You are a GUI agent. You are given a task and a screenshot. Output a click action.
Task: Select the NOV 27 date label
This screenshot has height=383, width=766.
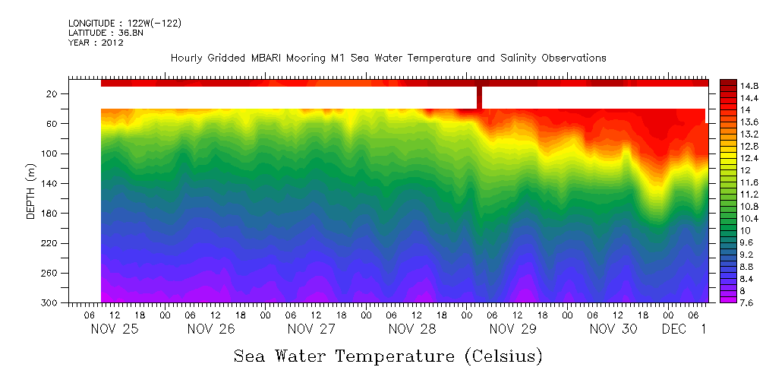[x=311, y=329]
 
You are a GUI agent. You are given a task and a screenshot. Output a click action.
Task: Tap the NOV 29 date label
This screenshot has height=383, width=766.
[x=513, y=329]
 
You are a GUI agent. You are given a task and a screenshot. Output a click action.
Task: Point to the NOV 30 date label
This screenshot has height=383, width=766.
[x=613, y=329]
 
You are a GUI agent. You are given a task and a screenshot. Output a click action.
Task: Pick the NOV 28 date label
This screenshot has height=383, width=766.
[x=412, y=329]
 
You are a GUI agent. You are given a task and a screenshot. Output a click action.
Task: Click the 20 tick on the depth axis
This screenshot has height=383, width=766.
[x=52, y=93]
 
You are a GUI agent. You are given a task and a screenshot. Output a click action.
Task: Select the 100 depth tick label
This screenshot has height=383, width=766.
[x=50, y=154]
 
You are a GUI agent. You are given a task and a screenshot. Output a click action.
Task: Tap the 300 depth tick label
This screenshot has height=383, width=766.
[x=50, y=302]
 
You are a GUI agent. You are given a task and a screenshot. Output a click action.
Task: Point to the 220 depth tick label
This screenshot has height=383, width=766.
[x=50, y=243]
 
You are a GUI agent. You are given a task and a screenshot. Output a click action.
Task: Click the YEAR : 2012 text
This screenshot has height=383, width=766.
[x=96, y=43]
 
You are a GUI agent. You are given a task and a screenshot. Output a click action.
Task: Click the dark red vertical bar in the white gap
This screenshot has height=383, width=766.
[x=479, y=97]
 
